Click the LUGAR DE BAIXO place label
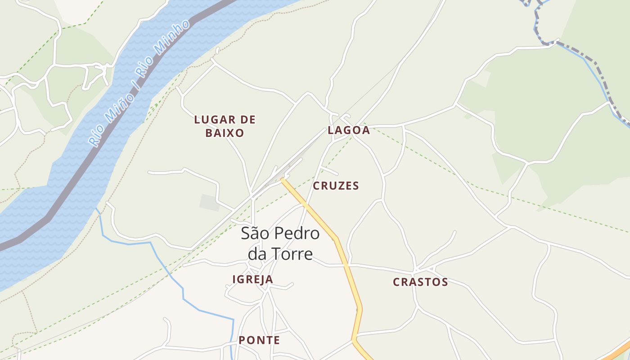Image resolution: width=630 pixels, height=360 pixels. [225, 126]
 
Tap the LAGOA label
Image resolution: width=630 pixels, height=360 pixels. [349, 130]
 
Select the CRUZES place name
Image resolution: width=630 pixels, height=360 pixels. [336, 186]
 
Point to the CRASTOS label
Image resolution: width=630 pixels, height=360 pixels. [420, 282]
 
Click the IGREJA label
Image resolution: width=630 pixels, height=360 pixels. [252, 279]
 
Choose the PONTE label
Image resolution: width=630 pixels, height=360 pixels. [259, 340]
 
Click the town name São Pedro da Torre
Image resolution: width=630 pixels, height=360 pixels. [280, 243]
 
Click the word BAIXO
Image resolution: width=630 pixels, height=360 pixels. [225, 133]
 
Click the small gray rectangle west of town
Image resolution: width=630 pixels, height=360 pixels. [210, 202]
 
